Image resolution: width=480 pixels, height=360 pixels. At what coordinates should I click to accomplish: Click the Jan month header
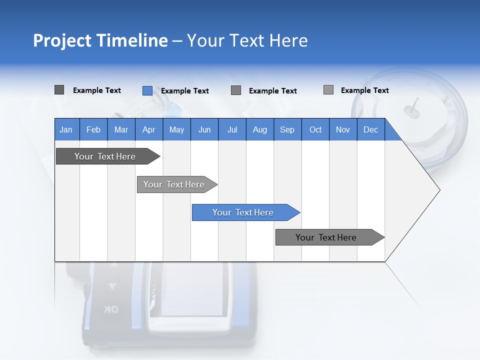click(66, 129)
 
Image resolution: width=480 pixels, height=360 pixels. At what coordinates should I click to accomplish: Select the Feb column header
click(93, 129)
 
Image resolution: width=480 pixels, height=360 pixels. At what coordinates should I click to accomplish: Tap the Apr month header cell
click(148, 129)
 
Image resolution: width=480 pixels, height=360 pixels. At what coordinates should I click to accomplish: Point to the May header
click(176, 129)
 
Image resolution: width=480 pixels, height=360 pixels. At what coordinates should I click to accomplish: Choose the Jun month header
click(204, 129)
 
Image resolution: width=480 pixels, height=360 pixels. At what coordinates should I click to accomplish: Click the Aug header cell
click(259, 129)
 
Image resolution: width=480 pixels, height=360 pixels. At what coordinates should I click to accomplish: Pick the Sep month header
click(287, 129)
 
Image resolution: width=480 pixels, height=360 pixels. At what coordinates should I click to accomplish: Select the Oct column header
click(315, 129)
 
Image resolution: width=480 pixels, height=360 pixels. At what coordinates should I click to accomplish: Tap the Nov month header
click(343, 129)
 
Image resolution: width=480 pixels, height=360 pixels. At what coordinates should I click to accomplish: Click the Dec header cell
click(370, 129)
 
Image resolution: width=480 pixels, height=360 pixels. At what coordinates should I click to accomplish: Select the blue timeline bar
click(243, 212)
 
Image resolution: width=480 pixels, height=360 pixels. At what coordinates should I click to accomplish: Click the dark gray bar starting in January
click(105, 156)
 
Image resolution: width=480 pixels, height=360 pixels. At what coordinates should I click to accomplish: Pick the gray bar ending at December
click(326, 237)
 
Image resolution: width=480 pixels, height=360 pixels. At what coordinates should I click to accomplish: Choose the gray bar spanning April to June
click(174, 184)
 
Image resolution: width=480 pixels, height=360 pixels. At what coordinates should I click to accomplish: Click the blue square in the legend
click(147, 90)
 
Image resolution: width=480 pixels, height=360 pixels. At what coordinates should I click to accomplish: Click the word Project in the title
click(62, 40)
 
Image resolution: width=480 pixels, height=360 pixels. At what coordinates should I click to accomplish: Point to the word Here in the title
click(288, 40)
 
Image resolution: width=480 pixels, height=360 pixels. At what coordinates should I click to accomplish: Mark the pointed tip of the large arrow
click(439, 190)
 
